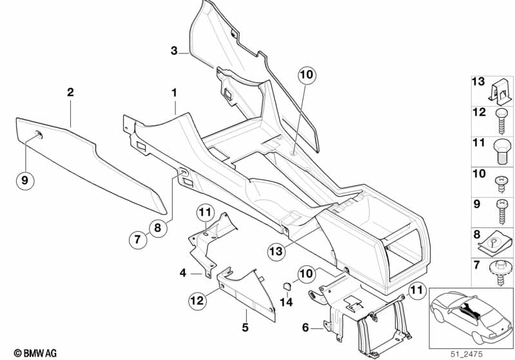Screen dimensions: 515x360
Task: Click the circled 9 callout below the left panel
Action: click(25, 180)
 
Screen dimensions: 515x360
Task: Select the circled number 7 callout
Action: click(138, 239)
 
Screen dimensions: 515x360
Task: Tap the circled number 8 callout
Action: click(158, 227)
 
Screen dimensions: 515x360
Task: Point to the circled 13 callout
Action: click(277, 251)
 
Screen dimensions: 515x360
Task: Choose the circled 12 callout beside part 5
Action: click(198, 300)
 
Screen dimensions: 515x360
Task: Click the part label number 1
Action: click(175, 93)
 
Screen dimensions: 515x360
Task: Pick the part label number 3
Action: click(174, 51)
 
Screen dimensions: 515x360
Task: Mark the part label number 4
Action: click(182, 272)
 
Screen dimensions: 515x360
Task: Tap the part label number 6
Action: click(306, 327)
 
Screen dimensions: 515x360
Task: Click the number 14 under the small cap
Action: click(286, 302)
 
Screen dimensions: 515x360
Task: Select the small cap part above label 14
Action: click(287, 286)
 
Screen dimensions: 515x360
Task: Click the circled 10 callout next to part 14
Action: click(306, 273)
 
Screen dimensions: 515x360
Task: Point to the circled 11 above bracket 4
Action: click(205, 212)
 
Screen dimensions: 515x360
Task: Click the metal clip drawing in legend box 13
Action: click(500, 91)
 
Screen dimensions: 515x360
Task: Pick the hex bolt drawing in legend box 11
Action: click(501, 151)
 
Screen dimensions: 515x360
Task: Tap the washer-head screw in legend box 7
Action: click(500, 272)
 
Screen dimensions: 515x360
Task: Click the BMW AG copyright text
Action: click(35, 353)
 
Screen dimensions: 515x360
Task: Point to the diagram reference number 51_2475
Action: click(467, 354)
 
